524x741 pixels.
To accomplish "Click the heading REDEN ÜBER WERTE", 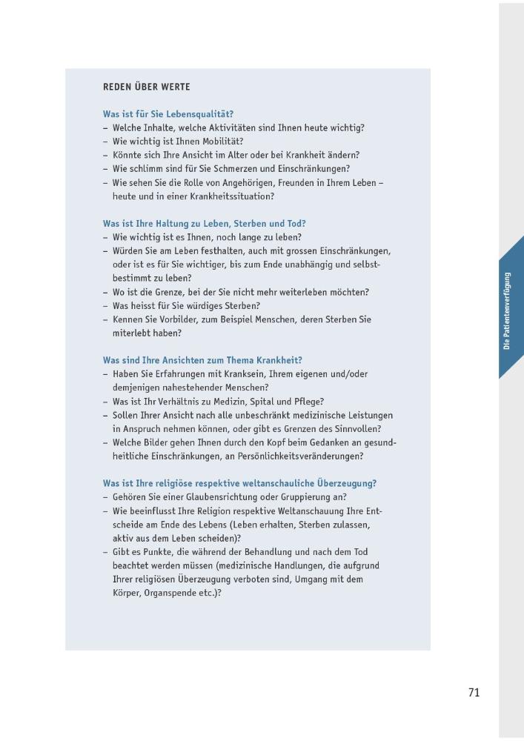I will click(146, 87).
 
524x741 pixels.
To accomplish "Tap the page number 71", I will click(474, 692).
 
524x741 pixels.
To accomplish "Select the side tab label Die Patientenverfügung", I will click(507, 310).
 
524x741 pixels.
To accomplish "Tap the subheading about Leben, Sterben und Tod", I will click(204, 223).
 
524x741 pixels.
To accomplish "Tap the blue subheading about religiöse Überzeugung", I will click(239, 483).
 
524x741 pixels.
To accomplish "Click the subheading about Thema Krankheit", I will click(202, 360).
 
